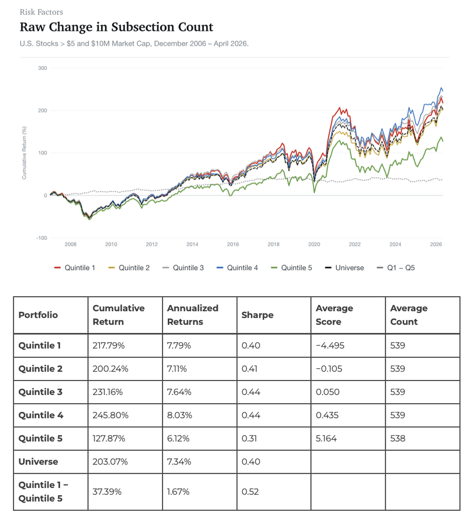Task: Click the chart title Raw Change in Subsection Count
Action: [116, 27]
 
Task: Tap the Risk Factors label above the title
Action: [41, 12]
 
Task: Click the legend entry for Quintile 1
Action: [75, 268]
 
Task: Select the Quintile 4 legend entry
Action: [237, 268]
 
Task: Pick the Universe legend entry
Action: [344, 268]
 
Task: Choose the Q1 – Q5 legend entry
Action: [396, 268]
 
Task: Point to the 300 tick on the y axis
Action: [42, 68]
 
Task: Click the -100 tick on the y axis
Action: [41, 238]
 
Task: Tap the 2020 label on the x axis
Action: [314, 245]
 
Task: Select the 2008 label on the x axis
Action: [71, 245]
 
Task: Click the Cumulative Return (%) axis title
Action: [24, 153]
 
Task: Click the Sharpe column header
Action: [257, 315]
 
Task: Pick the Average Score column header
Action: [334, 315]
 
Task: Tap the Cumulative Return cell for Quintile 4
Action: [111, 415]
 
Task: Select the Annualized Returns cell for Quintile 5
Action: [178, 438]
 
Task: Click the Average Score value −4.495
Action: [330, 345]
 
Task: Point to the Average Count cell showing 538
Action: [398, 438]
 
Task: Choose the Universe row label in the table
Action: [38, 462]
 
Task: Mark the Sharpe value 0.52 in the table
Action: [250, 492]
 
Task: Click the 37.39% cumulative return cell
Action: [107, 492]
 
